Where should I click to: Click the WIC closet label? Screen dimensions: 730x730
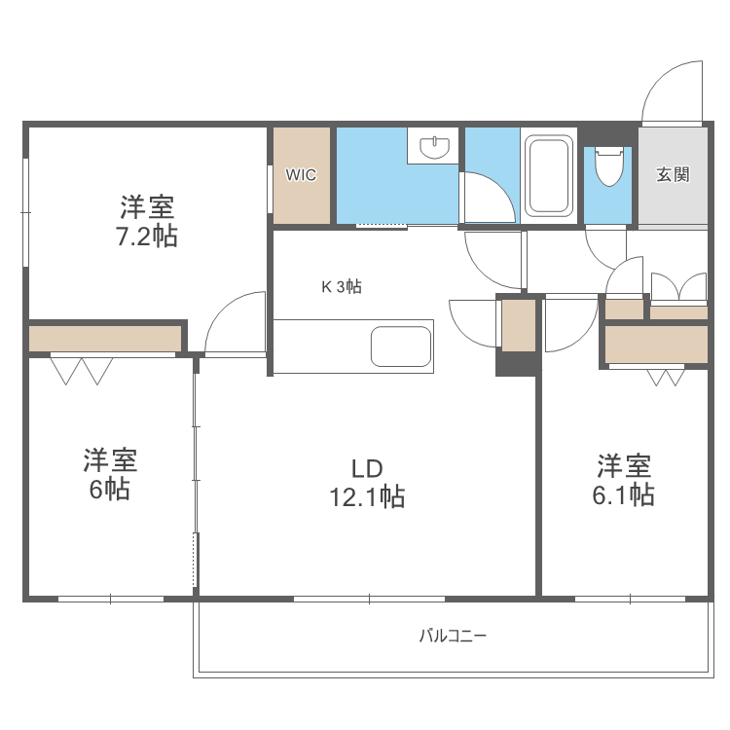point(301,175)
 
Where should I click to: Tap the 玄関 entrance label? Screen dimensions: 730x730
point(673,175)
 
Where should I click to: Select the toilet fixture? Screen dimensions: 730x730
point(608,166)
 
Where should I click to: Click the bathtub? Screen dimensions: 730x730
point(547,175)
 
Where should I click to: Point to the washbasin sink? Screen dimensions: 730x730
point(435,147)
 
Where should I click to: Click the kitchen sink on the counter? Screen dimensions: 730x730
point(400,347)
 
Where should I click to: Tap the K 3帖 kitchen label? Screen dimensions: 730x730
point(342,287)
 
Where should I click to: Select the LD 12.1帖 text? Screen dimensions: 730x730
point(366,483)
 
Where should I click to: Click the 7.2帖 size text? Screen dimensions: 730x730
point(148,237)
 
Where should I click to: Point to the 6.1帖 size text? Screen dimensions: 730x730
point(623,495)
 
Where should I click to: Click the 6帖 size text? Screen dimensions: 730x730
point(109,490)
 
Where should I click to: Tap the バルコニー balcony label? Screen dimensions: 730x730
point(453,637)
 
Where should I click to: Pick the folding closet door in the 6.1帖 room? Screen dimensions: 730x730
point(667,377)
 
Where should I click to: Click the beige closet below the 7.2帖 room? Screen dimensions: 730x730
point(105,339)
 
